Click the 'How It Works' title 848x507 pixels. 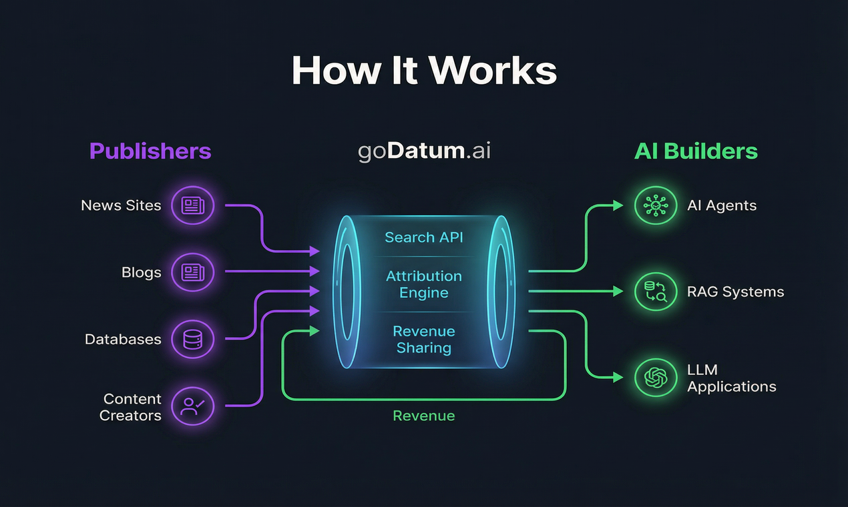(424, 70)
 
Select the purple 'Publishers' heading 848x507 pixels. (150, 151)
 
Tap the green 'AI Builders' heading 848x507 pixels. (696, 151)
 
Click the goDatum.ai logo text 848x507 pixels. (424, 151)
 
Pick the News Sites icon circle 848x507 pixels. (193, 205)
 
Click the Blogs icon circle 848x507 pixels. (193, 272)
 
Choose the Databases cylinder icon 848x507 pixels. (193, 339)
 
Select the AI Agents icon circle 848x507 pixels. (655, 205)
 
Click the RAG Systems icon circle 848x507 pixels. (655, 292)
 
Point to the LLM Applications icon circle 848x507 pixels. (655, 378)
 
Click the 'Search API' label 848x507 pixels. (424, 237)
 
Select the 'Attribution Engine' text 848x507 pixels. (424, 284)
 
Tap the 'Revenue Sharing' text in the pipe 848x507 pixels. (424, 339)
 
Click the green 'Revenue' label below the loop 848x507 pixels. (424, 416)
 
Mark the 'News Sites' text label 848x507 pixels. (121, 205)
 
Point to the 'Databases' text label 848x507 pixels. (123, 339)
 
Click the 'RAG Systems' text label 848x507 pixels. (735, 292)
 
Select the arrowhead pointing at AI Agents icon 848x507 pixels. (618, 205)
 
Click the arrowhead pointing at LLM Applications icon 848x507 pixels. (618, 378)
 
